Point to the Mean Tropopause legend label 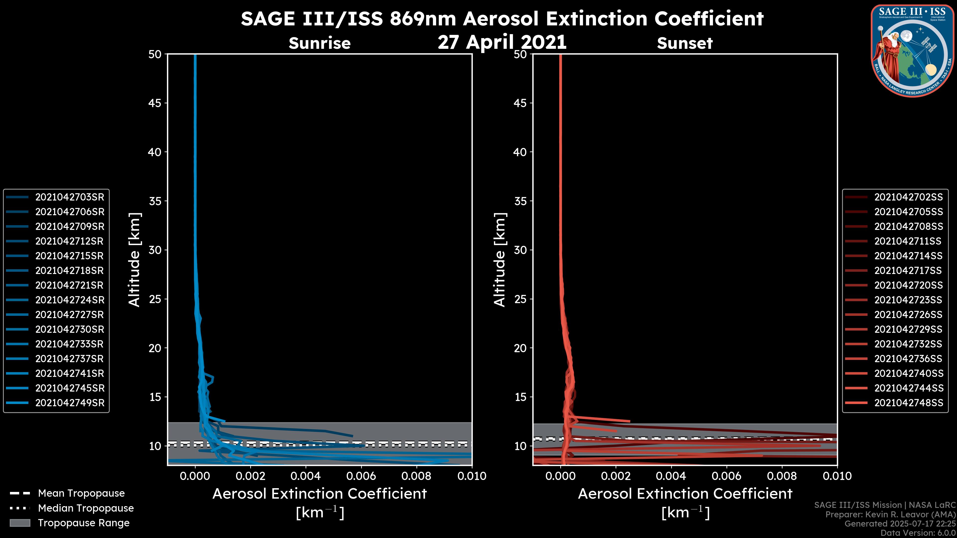click(81, 493)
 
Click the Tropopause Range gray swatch click(20, 523)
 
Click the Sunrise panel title click(319, 43)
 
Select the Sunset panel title click(685, 43)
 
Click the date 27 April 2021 click(502, 42)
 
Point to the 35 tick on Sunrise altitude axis click(155, 201)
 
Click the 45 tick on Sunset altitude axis click(520, 103)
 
